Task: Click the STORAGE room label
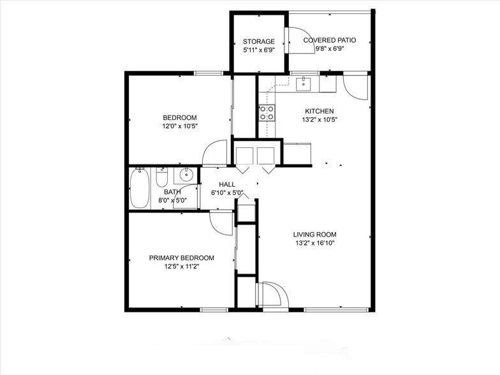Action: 259,41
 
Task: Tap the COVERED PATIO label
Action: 329,40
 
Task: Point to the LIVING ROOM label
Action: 314,234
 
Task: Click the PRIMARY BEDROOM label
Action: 182,258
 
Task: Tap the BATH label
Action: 172,192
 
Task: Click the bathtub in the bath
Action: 139,188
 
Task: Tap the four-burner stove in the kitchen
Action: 267,113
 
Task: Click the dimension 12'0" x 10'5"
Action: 180,126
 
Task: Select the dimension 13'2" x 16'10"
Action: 314,242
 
